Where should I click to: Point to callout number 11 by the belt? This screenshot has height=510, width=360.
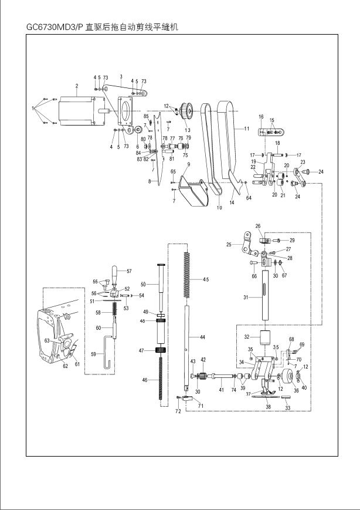[x=247, y=127]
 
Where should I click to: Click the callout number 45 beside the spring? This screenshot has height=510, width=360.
[x=206, y=279]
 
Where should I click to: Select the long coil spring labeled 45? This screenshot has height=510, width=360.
[x=188, y=276]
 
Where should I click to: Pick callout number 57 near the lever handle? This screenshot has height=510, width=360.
[x=129, y=271]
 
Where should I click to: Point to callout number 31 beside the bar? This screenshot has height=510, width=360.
[x=246, y=298]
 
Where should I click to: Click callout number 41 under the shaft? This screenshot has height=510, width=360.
[x=221, y=389]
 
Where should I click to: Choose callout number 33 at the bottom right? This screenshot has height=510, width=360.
[x=288, y=408]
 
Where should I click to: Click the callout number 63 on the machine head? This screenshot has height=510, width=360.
[x=46, y=340]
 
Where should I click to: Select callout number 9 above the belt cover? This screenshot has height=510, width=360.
[x=189, y=164]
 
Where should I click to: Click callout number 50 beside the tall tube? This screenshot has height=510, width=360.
[x=142, y=284]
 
